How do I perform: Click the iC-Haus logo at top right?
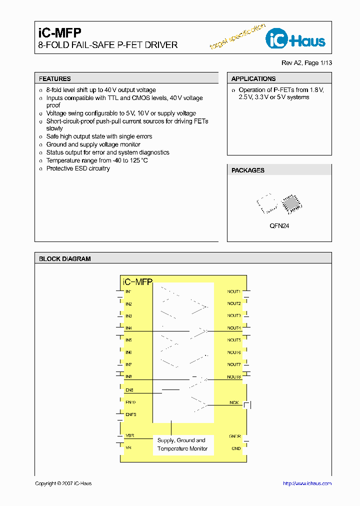click(x=295, y=39)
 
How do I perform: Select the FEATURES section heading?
click(x=55, y=78)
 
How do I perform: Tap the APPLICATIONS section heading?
click(x=253, y=78)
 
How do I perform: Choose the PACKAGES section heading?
click(x=248, y=170)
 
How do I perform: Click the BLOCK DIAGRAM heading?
click(x=65, y=258)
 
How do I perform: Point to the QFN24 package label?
click(x=279, y=226)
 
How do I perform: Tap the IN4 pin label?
click(x=129, y=328)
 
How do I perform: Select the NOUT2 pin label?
click(x=234, y=303)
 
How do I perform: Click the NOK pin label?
click(x=234, y=402)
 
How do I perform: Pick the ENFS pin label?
click(x=131, y=414)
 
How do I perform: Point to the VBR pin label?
click(x=129, y=436)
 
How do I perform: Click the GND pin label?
click(x=235, y=448)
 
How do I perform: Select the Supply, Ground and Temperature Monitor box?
click(x=181, y=444)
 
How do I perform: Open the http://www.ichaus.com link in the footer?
click(x=307, y=483)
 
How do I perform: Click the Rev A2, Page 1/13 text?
click(x=306, y=63)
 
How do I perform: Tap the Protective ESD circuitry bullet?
click(x=78, y=168)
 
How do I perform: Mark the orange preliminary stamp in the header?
click(x=237, y=37)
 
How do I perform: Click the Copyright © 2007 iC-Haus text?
click(x=63, y=483)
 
